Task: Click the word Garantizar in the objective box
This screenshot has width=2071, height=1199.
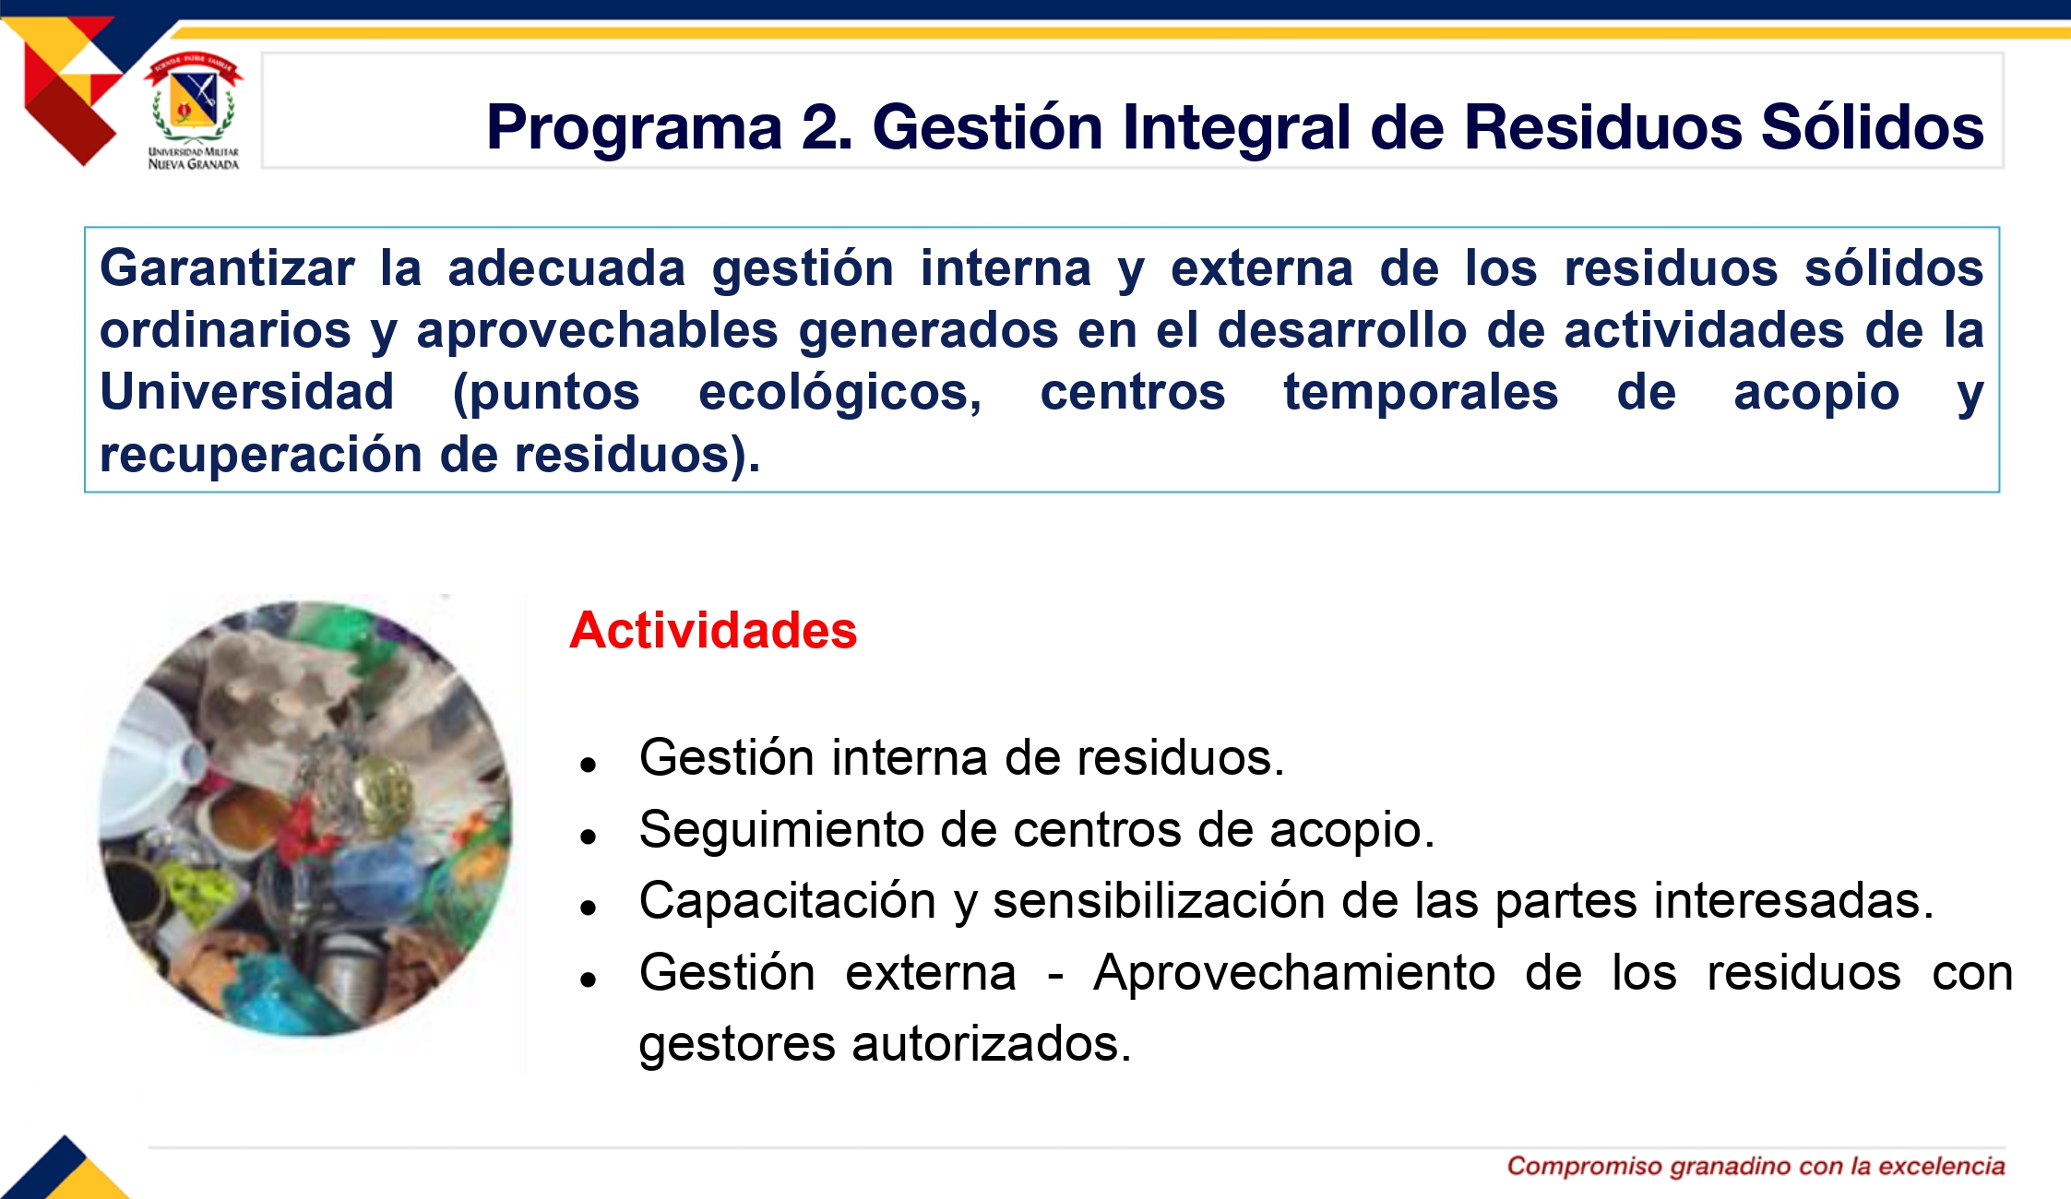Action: [x=227, y=269]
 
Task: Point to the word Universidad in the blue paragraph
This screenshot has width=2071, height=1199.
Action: [x=247, y=392]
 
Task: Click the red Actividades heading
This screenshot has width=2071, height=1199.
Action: [x=713, y=631]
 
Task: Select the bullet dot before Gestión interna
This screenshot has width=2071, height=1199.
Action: [x=589, y=765]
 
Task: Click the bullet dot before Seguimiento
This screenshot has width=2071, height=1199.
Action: [x=589, y=837]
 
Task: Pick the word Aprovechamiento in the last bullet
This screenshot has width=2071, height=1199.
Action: [x=1294, y=974]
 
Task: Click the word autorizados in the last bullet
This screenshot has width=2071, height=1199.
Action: [x=992, y=1044]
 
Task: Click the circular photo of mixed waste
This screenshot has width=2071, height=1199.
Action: [x=304, y=818]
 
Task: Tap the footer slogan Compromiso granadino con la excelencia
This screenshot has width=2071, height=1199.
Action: [x=1756, y=1167]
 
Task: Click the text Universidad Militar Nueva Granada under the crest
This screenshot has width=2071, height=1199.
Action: [x=194, y=159]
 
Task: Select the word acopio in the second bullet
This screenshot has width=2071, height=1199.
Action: [x=1351, y=830]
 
